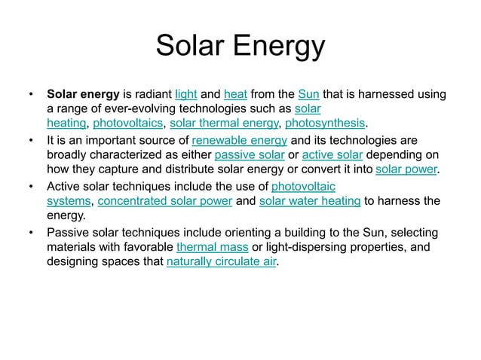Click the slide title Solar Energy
click(x=240, y=47)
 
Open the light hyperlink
click(x=185, y=95)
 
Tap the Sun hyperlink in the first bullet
click(x=308, y=95)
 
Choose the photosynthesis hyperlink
click(x=326, y=124)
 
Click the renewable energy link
click(x=240, y=141)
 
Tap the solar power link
click(x=406, y=169)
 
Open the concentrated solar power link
click(x=165, y=201)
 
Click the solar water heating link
click(x=309, y=201)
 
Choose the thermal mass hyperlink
click(x=208, y=247)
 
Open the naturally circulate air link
click(x=222, y=262)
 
